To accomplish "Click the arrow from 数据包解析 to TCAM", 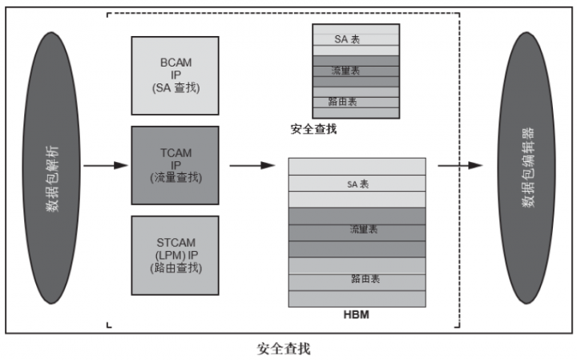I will coord(106,166).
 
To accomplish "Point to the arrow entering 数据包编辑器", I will coord(460,165).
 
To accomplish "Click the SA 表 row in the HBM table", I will coord(357,184).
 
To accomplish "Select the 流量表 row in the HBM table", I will coord(357,230).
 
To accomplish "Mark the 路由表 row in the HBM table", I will coord(357,279).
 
